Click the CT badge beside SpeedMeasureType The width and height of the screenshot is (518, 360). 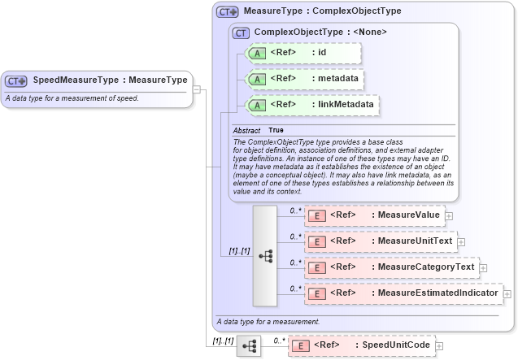pos(16,81)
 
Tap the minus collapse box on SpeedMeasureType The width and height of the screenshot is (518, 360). pos(197,89)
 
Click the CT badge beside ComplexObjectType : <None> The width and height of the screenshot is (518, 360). pos(241,33)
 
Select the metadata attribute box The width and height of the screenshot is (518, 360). pos(306,79)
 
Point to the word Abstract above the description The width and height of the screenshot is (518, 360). pos(246,130)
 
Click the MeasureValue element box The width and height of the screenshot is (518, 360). pos(373,215)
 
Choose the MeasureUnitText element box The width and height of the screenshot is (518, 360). pos(380,241)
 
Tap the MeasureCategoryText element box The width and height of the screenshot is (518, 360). pos(390,267)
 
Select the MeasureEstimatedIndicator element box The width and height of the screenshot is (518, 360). pos(403,293)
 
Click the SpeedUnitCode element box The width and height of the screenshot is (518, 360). pos(362,345)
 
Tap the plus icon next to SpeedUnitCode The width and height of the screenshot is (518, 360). pos(440,345)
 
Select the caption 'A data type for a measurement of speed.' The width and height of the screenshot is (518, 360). pos(72,98)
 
